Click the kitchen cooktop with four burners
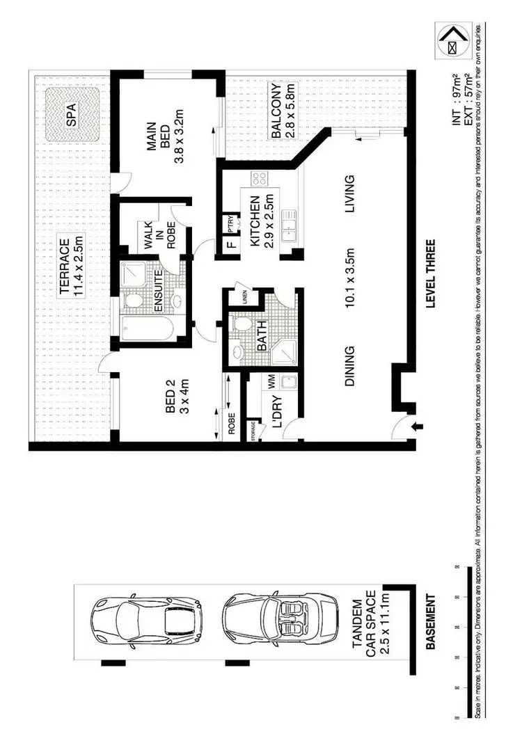pos(260,178)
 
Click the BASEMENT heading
pos(431,621)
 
